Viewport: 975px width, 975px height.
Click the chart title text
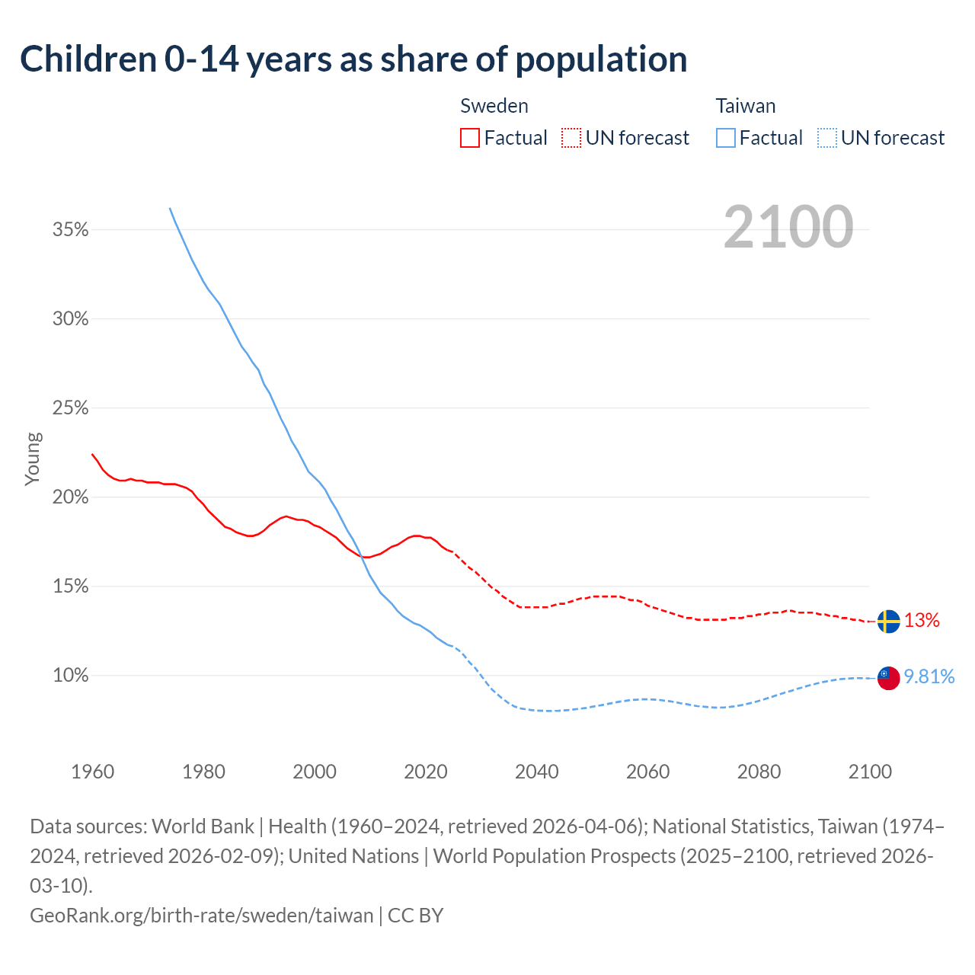click(x=353, y=59)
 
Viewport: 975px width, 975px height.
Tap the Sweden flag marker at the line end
click(x=888, y=622)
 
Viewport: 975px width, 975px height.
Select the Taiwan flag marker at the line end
click(x=888, y=677)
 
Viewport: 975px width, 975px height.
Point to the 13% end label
click(x=922, y=621)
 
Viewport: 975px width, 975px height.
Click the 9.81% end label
click(x=929, y=676)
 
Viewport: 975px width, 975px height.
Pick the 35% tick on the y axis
click(x=71, y=229)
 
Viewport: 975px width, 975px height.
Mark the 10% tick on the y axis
click(x=71, y=676)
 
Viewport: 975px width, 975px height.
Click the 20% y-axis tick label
click(x=71, y=497)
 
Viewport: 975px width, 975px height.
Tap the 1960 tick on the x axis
click(x=93, y=772)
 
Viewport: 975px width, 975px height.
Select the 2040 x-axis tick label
click(x=537, y=772)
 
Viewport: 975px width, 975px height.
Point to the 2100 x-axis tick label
click(x=870, y=772)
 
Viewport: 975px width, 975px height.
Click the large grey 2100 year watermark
click(x=788, y=227)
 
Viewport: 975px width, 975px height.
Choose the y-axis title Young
click(x=33, y=459)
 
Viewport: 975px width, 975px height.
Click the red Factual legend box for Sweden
click(x=470, y=138)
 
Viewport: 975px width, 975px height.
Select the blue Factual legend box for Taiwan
click(x=726, y=138)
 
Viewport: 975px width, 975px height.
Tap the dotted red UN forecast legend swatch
click(x=571, y=138)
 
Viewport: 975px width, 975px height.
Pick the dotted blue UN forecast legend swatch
click(x=826, y=138)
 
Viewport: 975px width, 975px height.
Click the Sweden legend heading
click(x=494, y=106)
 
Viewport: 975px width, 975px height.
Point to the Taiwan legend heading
click(x=746, y=106)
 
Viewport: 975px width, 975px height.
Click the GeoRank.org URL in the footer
click(x=202, y=915)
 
